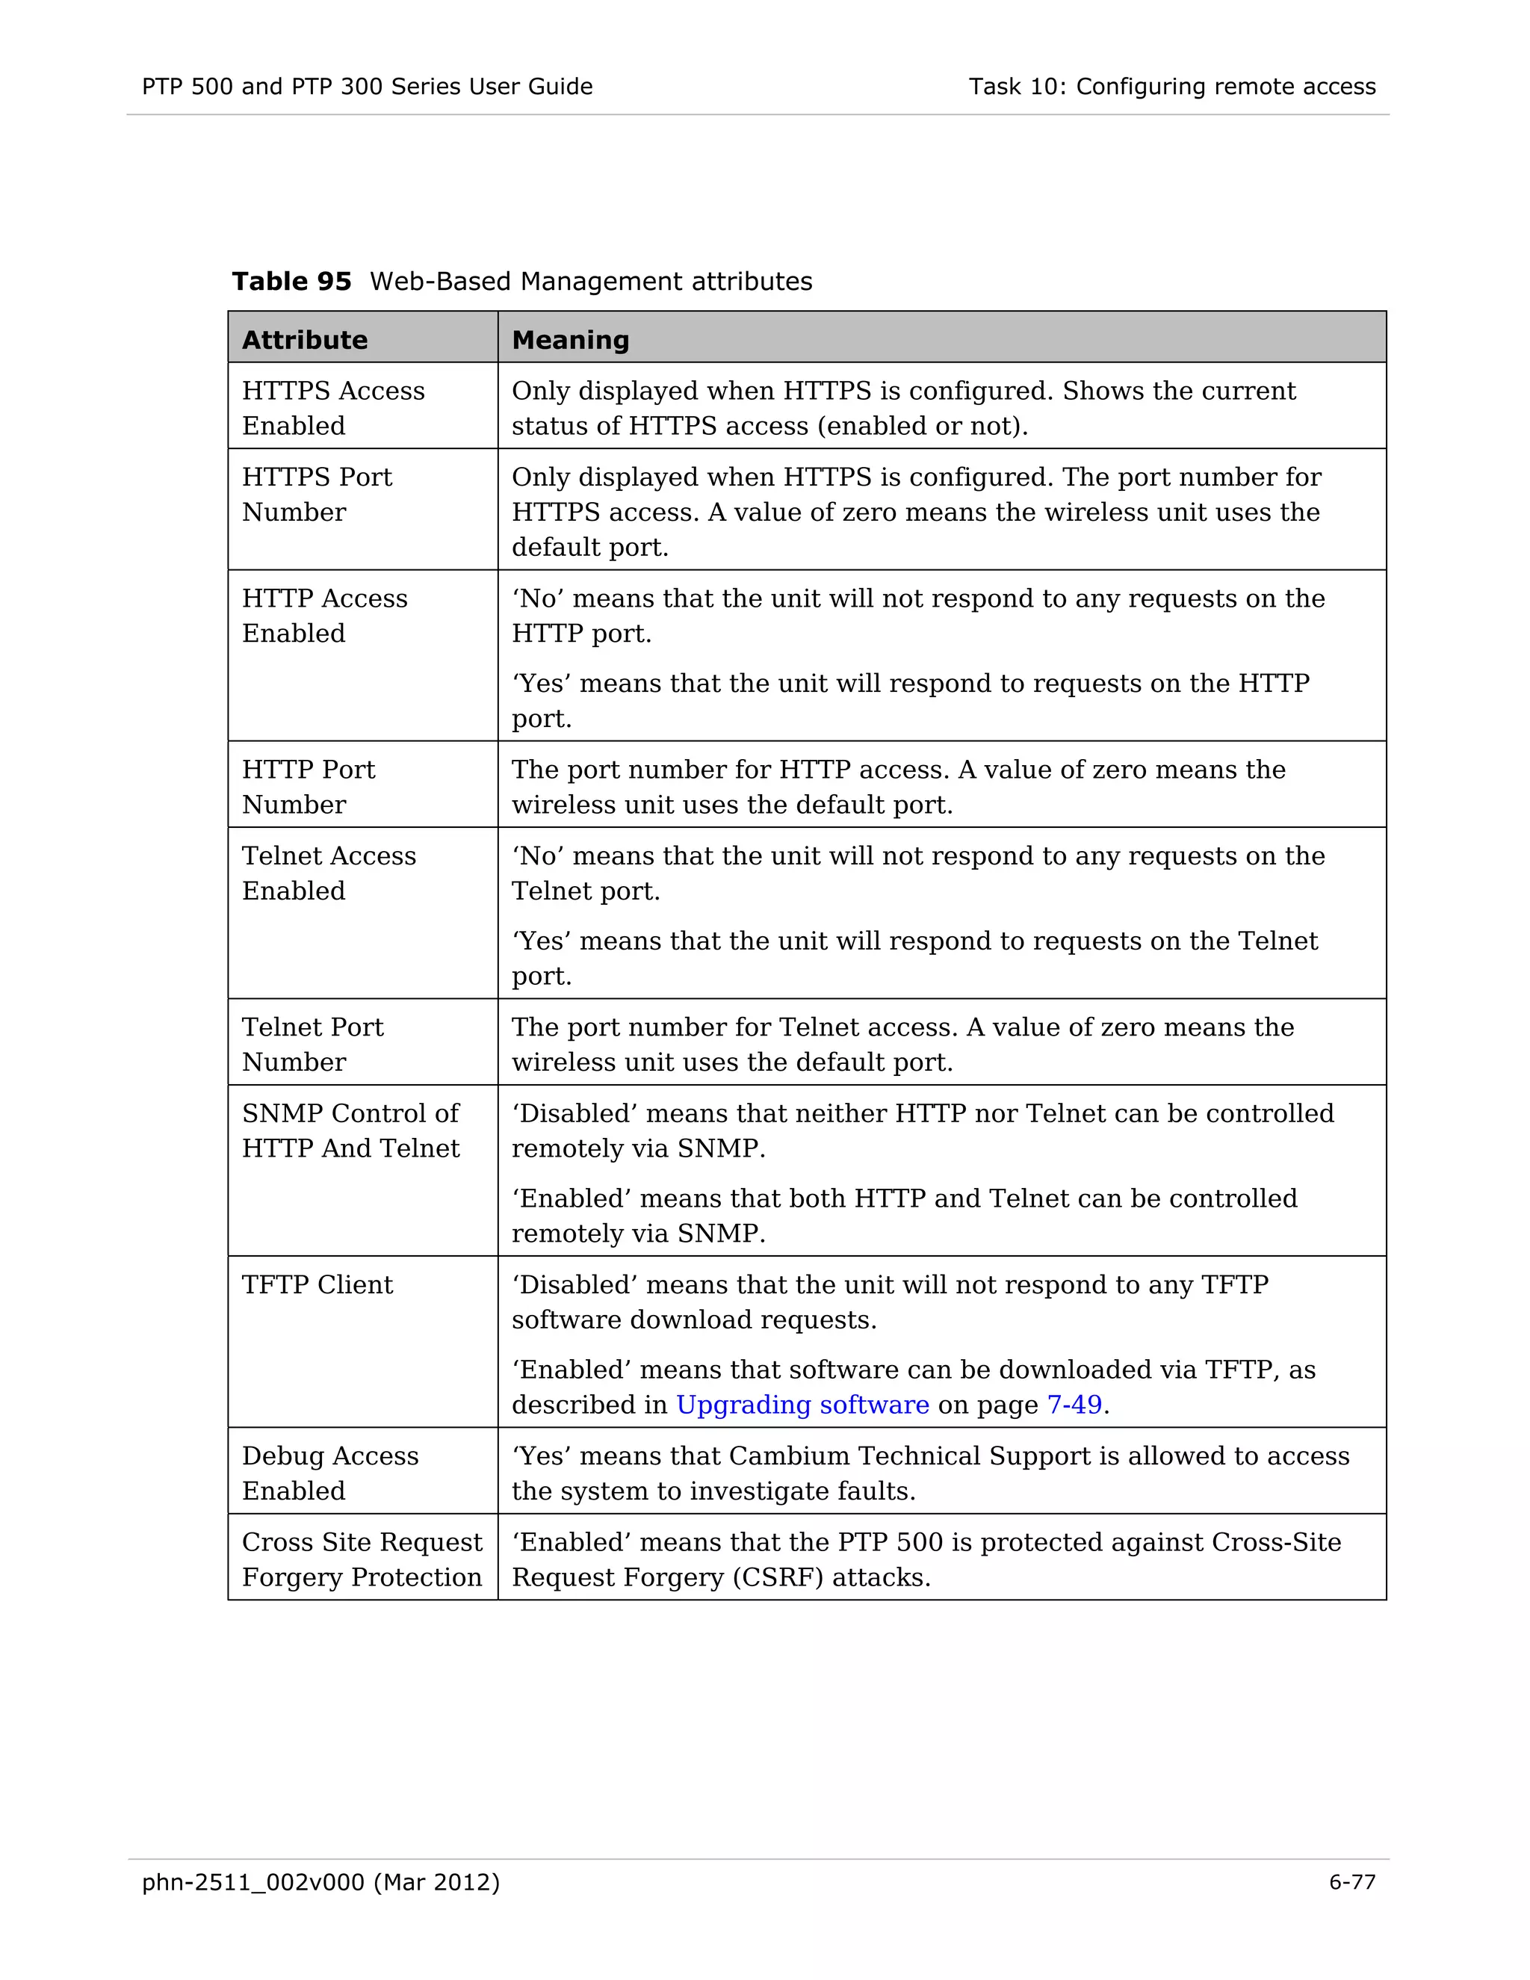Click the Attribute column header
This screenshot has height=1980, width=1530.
click(305, 340)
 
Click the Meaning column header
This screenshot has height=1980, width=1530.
click(570, 340)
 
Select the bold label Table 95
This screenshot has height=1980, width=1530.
click(291, 281)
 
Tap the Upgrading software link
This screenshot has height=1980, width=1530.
click(802, 1405)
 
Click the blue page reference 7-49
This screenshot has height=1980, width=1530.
click(1074, 1405)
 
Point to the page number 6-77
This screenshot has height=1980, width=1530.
click(1351, 1882)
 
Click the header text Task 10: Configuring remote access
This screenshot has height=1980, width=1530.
click(1171, 86)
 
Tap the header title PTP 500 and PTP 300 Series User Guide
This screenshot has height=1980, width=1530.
click(367, 86)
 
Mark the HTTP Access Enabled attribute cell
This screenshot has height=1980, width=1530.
click(324, 616)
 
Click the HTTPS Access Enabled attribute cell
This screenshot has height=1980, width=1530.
click(332, 408)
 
